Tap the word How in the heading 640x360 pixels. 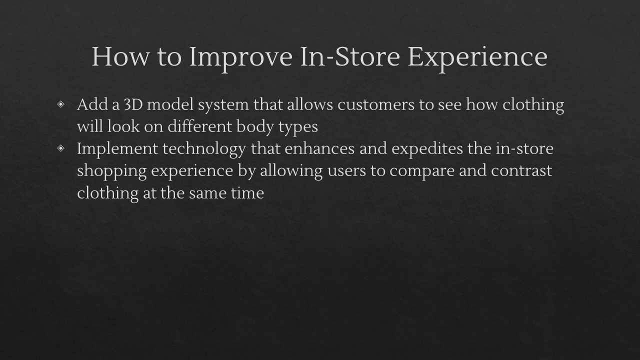click(120, 56)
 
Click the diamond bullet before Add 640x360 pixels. click(61, 104)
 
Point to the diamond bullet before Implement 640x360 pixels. click(61, 148)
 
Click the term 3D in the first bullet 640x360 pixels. click(133, 104)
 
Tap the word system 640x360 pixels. click(223, 105)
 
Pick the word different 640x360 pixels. click(199, 126)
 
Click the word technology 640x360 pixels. click(204, 149)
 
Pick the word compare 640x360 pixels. click(422, 171)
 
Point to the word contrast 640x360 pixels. click(521, 170)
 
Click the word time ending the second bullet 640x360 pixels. click(247, 192)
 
